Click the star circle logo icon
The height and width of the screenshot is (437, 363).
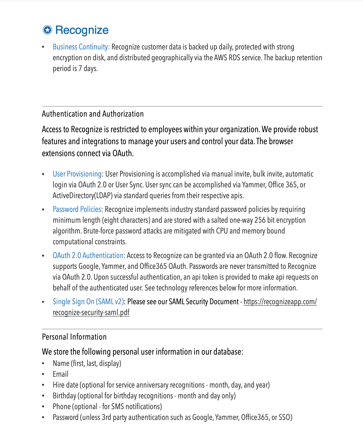pos(47,30)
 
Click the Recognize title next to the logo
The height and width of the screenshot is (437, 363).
pos(82,30)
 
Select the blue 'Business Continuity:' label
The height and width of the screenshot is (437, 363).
pos(81,47)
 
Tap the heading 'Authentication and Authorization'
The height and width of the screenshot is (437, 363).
pos(93,114)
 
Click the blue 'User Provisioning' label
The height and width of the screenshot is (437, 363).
pos(77,174)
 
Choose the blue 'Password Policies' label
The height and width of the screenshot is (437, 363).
pos(77,210)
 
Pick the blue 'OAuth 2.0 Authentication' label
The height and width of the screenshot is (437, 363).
pos(88,256)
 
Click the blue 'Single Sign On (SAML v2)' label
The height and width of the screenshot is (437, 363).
pos(88,302)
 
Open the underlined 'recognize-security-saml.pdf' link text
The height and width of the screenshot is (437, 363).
pos(91,313)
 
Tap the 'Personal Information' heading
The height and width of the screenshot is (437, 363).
pos(74,337)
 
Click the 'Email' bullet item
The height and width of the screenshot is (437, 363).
pos(60,374)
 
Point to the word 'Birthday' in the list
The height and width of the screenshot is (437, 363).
pos(64,396)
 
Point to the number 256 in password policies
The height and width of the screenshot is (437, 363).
pos(260,220)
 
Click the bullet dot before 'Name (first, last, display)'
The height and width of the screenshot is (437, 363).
pos(43,364)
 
